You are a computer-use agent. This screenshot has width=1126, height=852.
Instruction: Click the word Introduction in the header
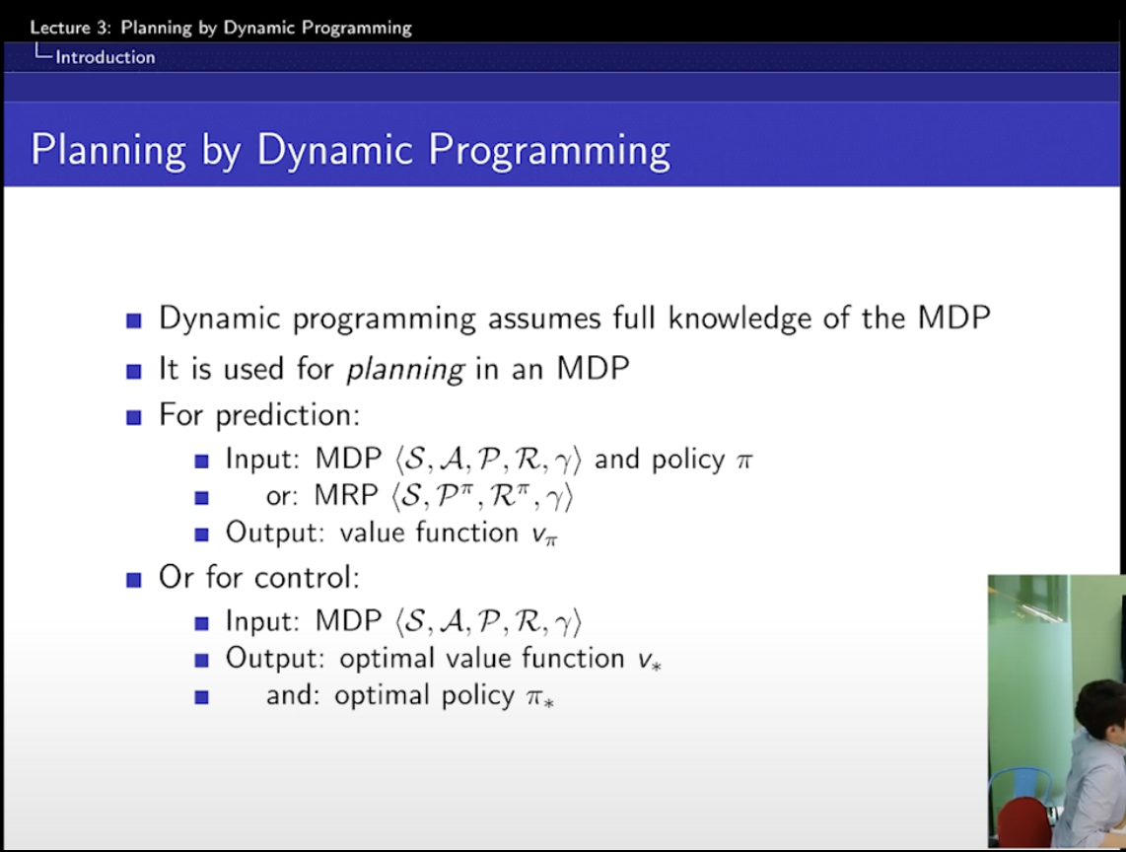click(105, 57)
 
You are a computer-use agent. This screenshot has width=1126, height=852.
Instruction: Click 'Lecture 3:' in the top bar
click(70, 28)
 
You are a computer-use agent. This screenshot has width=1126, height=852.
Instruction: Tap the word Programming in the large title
click(549, 151)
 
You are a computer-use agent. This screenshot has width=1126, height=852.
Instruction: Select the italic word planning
click(405, 370)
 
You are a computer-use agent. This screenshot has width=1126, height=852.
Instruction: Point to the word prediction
click(287, 416)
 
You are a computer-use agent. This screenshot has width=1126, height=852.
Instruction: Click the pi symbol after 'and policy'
click(744, 461)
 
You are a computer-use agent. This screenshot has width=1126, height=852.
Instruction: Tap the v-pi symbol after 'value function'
click(544, 534)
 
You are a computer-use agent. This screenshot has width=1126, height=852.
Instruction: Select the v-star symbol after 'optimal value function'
click(649, 661)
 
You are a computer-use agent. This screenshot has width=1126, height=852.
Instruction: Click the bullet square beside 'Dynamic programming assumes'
click(133, 319)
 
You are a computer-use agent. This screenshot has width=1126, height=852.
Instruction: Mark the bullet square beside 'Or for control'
click(133, 579)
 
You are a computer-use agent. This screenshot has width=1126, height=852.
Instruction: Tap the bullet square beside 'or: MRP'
click(201, 497)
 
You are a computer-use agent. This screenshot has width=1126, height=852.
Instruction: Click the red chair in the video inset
click(1024, 823)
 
